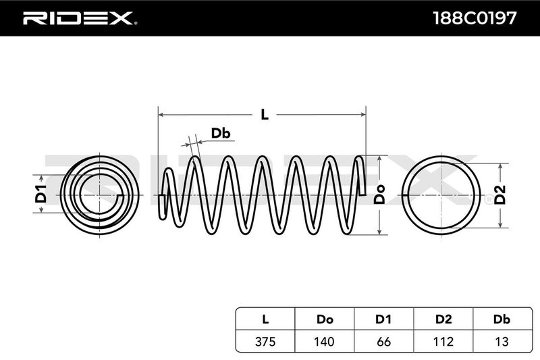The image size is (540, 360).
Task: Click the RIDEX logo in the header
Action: click(80, 18)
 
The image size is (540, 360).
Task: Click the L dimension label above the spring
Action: click(265, 115)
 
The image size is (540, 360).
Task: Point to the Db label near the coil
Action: click(221, 134)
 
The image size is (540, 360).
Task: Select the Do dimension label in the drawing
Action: click(380, 194)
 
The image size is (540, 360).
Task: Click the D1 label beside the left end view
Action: click(40, 194)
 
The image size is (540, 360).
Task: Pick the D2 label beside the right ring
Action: click(501, 194)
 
